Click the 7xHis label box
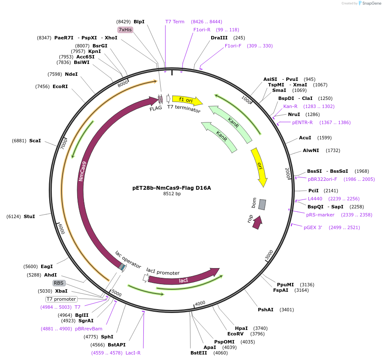126,30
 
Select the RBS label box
59,283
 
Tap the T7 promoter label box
62,299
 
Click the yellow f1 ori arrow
187,100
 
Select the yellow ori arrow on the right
259,166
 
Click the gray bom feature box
262,205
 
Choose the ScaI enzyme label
35,141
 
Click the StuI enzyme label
30,216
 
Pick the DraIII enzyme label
219,38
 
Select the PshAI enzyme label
267,310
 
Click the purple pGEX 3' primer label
313,227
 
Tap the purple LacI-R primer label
133,353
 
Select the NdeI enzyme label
71,74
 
